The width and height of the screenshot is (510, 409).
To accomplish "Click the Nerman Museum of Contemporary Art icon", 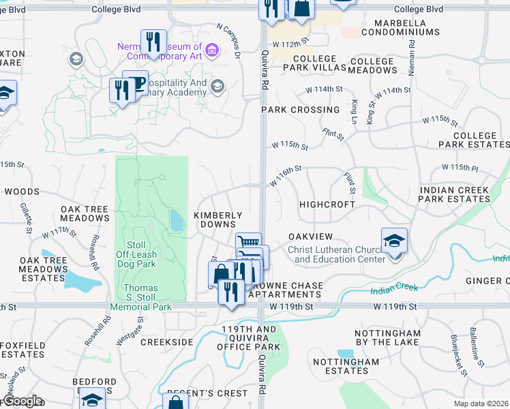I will pos(212,50).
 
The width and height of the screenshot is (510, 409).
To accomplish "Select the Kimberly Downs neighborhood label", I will pos(218,219).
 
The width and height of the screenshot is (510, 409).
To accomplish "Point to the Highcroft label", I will pos(327,204).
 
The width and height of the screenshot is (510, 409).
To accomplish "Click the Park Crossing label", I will pos(301,110).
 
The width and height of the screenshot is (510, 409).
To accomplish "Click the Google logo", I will pos(22,400).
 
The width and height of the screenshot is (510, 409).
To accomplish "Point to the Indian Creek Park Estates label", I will pos(455,194).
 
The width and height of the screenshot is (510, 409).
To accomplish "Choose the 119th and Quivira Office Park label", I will pos(249,338).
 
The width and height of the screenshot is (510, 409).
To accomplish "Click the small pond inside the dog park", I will pos(176,219).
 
